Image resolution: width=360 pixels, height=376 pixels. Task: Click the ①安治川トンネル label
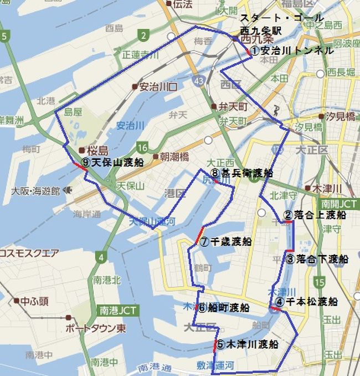[292, 50]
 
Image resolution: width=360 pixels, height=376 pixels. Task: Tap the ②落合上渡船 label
[315, 215]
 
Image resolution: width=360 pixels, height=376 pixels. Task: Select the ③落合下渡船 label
[317, 259]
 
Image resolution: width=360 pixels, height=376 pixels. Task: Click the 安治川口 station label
[158, 87]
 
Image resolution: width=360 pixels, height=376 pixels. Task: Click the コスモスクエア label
[29, 253]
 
